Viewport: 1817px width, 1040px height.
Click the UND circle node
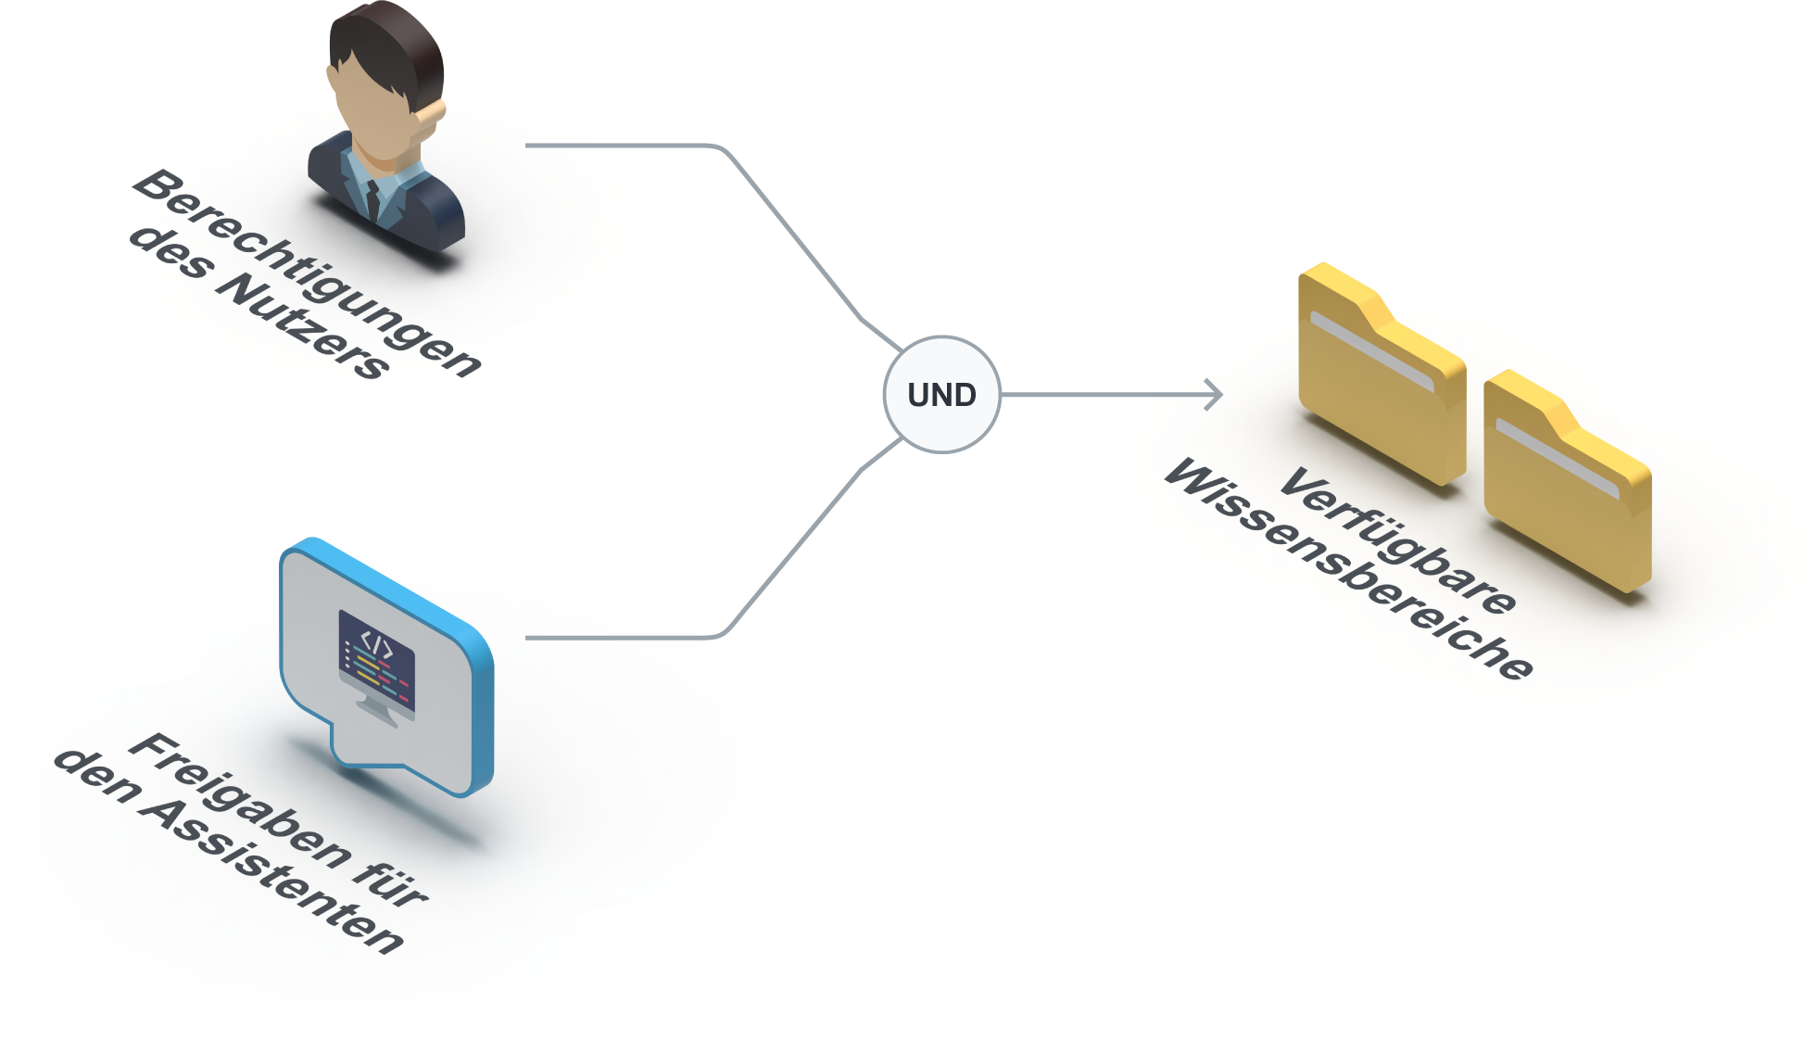(941, 395)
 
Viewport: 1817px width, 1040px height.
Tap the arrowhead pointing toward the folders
(1213, 394)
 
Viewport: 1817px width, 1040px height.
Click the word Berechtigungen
(307, 272)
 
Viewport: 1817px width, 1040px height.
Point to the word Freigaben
(239, 800)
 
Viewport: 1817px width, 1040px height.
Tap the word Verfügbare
(1398, 539)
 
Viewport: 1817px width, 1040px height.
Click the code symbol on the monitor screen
(377, 643)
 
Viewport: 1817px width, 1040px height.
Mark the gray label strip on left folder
(1372, 351)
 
